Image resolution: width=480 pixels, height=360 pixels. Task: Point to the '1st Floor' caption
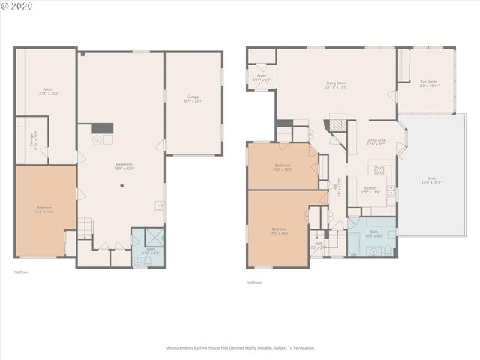coord(22,271)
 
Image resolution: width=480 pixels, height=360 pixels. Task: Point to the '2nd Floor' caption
coord(254,283)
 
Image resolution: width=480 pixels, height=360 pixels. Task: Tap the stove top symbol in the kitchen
coord(379,170)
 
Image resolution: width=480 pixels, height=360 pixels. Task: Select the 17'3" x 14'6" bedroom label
coord(279,230)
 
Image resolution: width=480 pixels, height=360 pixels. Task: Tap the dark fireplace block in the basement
coord(103,128)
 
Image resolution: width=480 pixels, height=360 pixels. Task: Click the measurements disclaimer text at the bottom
coord(240,348)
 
